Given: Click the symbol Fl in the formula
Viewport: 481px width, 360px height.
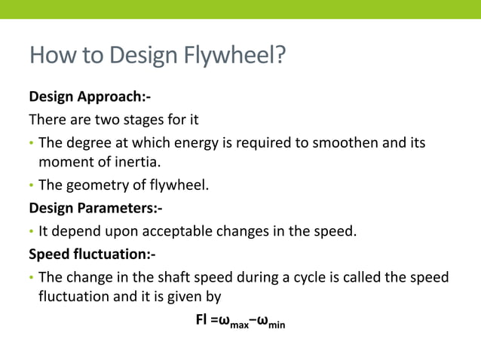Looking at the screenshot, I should [x=201, y=320].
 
